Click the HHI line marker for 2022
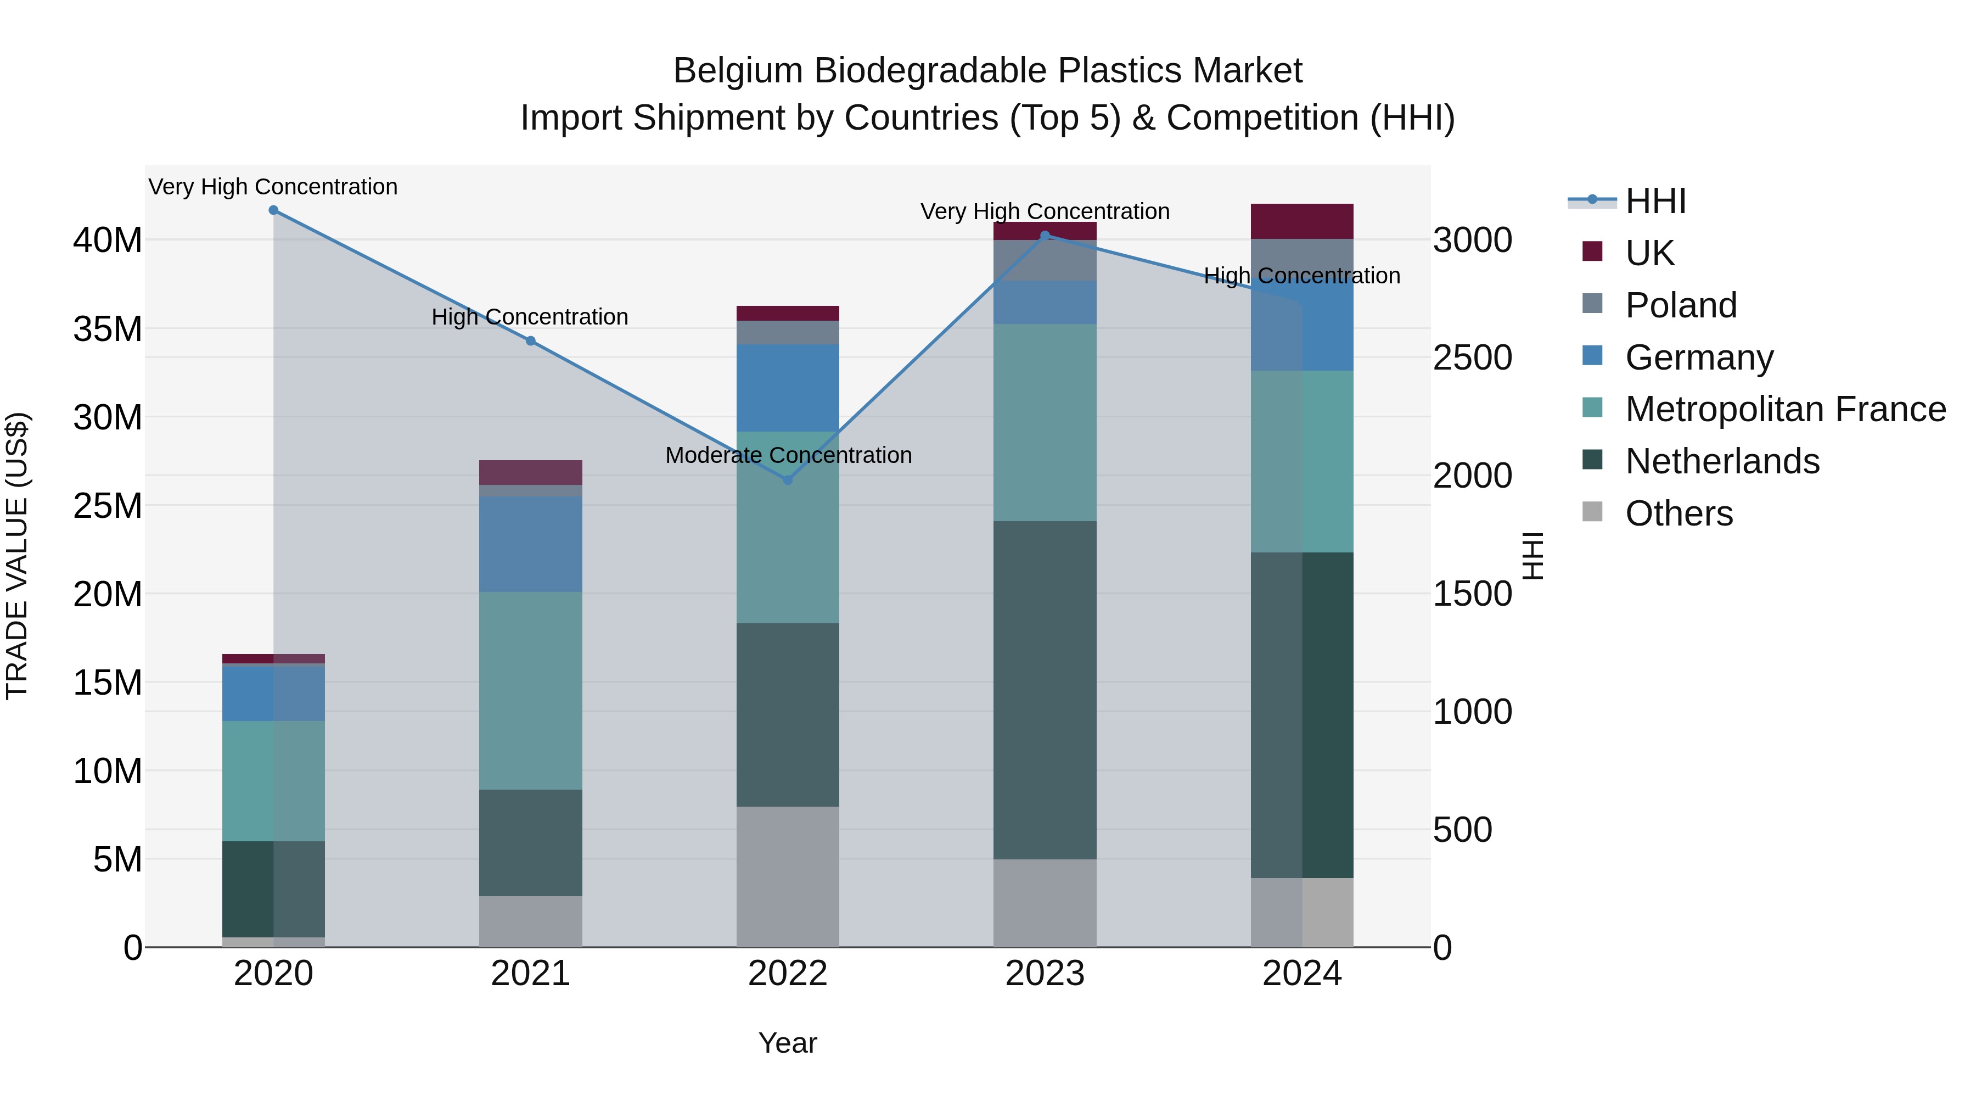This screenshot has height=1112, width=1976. point(787,479)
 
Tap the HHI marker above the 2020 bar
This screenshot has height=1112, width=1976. point(273,210)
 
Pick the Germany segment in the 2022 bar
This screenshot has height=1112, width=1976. point(787,388)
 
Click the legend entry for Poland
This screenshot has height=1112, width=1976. point(1680,305)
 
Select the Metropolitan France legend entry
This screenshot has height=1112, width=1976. point(1784,409)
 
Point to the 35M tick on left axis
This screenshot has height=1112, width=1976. point(108,328)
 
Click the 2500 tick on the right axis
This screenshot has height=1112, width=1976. point(1473,357)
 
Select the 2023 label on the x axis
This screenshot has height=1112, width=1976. point(1045,974)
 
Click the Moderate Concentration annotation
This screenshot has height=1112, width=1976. point(788,455)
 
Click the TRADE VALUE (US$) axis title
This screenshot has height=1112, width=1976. point(17,556)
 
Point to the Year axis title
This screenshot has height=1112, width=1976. point(787,1043)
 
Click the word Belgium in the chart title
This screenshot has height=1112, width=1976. point(737,71)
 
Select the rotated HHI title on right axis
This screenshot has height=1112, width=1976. point(1532,556)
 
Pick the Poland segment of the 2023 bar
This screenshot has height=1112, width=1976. point(1045,261)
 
